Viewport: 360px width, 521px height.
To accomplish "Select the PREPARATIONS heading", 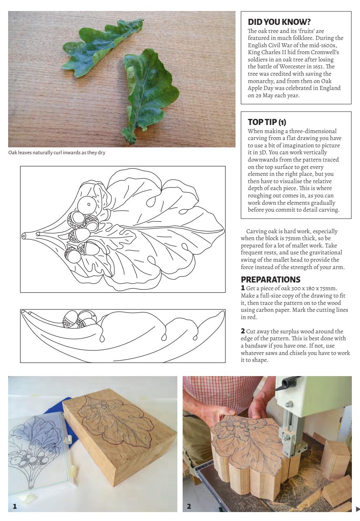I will pos(271,280).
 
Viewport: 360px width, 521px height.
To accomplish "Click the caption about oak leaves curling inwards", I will pos(57,153).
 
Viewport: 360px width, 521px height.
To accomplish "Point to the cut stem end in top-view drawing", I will pos(24,236).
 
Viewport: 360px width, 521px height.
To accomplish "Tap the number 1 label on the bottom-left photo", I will pos(15,507).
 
